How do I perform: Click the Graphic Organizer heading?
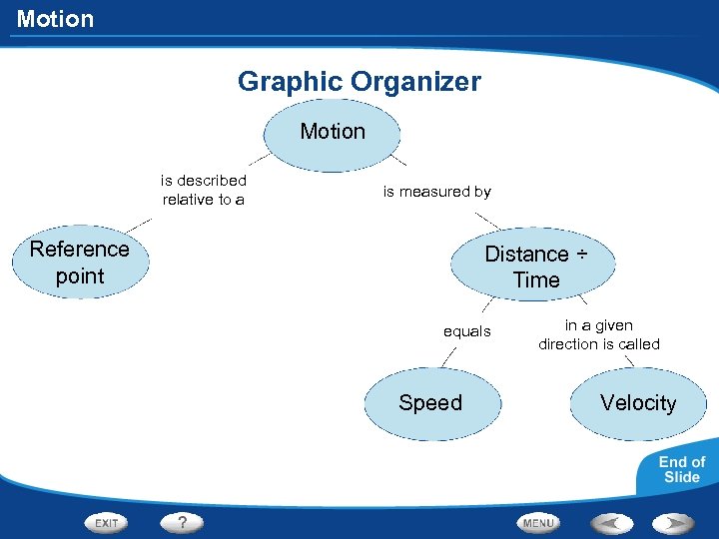point(359,82)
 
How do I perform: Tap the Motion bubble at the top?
point(333,132)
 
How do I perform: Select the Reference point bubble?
point(80,263)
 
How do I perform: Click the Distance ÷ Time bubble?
point(536,267)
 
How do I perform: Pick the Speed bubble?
point(430,403)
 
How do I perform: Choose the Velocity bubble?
point(638,403)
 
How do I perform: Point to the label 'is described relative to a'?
point(204,190)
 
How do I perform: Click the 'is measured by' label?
point(437,192)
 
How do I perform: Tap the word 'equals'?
point(467,331)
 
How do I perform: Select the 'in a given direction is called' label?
point(599,334)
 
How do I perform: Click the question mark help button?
point(183,522)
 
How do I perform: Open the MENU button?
point(537,523)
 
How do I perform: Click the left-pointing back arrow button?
point(610,523)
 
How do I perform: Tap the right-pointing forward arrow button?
point(673,523)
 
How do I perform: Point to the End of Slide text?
point(682,469)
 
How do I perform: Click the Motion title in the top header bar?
point(56,19)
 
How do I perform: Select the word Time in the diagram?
point(536,280)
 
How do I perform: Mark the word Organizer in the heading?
point(423,82)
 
